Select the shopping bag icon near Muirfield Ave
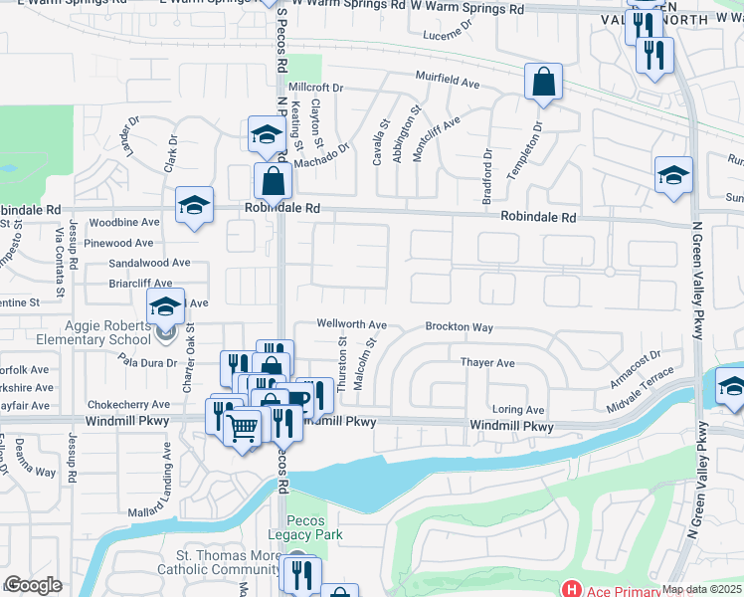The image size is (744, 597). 543,84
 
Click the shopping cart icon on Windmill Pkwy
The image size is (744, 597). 243,429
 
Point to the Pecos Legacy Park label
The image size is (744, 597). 313,528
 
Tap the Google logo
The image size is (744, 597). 34,585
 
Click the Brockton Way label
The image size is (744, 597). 459,326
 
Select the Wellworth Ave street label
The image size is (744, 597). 351,324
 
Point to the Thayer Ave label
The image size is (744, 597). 487,363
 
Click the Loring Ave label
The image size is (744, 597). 518,410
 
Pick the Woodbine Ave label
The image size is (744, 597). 124,223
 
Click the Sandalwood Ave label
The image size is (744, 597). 149,263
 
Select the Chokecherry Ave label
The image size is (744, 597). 129,405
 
